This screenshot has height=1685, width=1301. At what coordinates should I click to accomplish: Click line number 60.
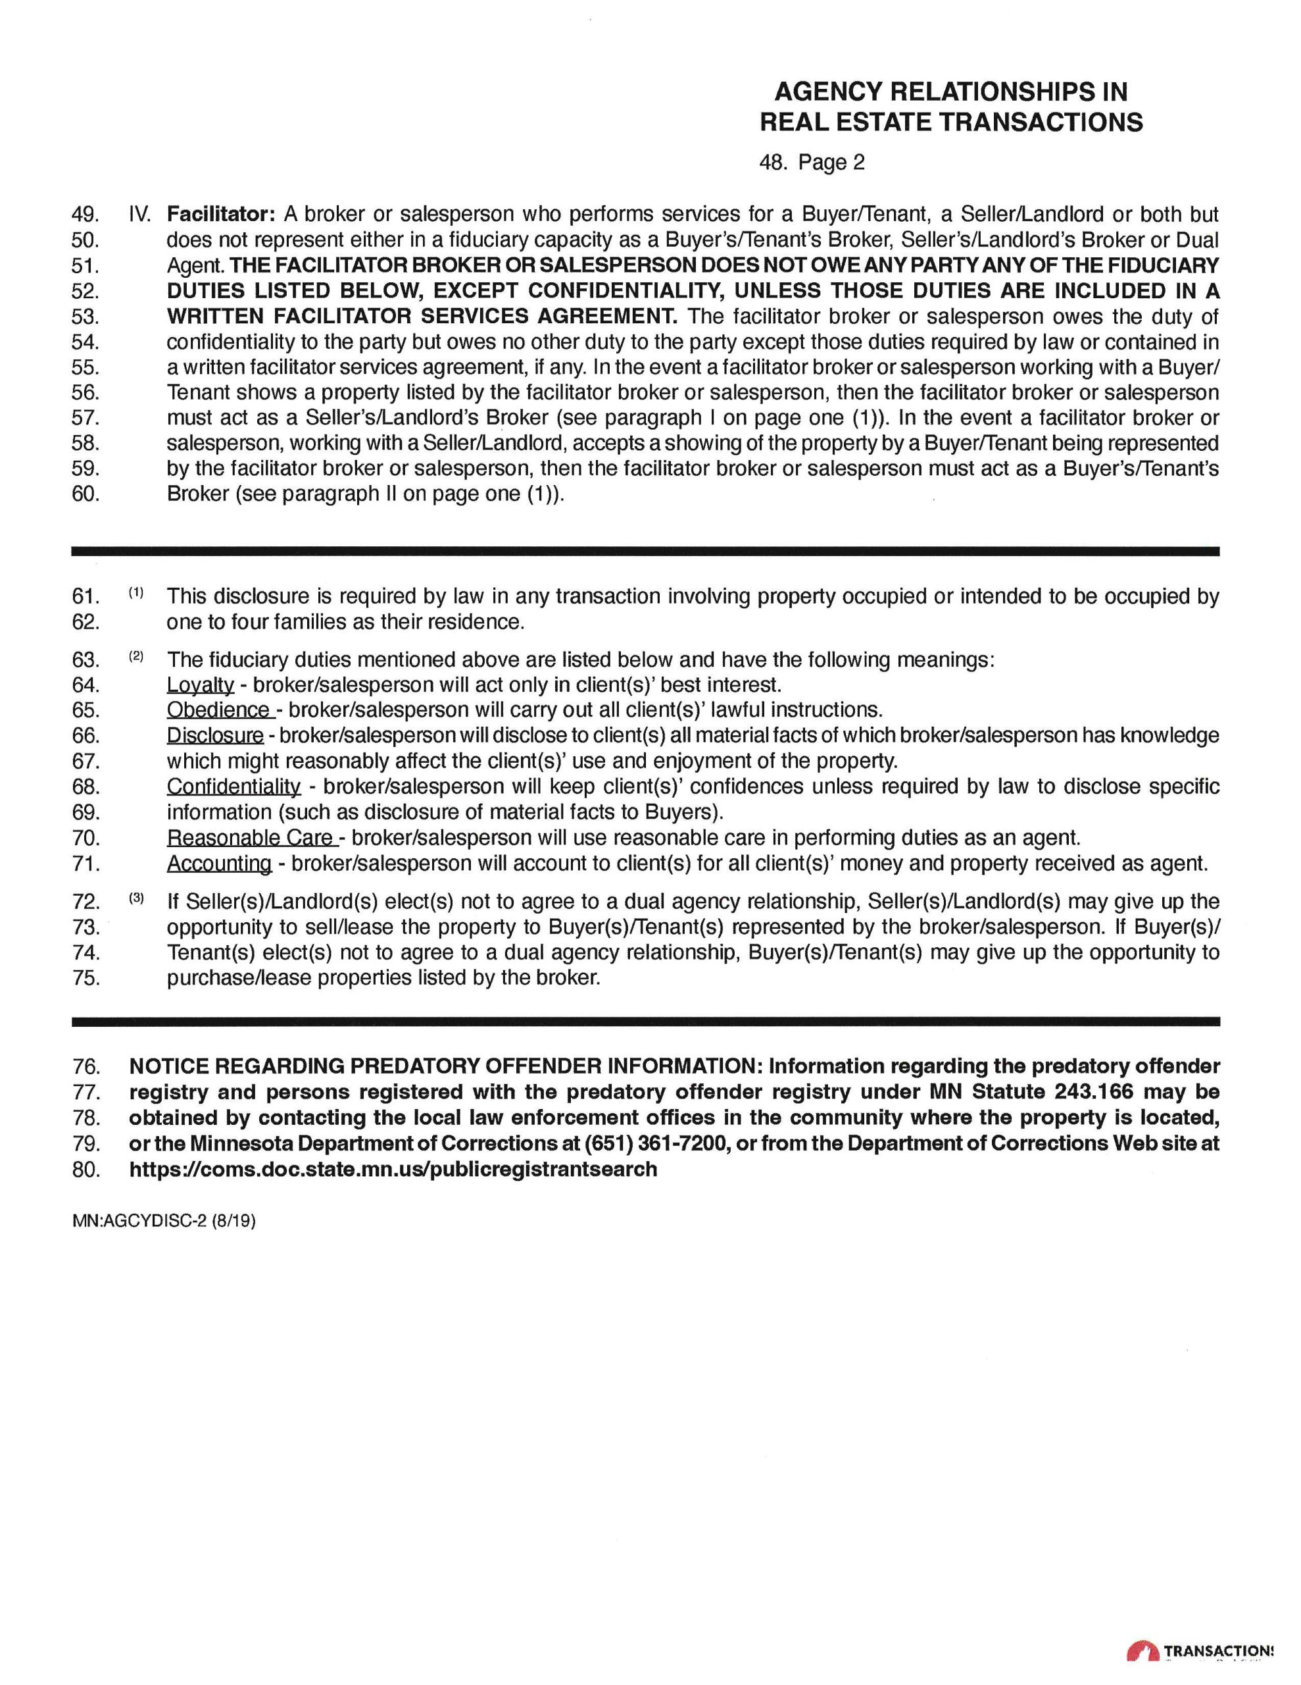tap(86, 494)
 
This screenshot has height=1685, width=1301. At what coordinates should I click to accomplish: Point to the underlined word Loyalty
tap(201, 685)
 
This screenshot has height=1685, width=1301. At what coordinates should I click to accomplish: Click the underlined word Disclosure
tap(215, 735)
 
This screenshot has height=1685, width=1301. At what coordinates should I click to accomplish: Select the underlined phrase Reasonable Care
tap(251, 837)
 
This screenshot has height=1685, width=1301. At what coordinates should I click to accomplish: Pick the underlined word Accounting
tap(220, 864)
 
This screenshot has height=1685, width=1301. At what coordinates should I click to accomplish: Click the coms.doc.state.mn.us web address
tap(393, 1169)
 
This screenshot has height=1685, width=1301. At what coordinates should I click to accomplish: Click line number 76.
tap(86, 1067)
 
